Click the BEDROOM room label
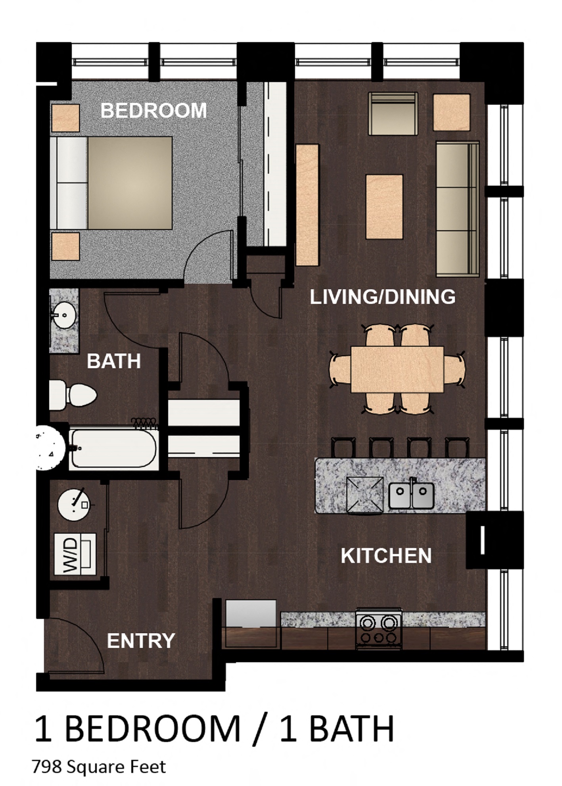point(153,110)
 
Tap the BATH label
point(114,361)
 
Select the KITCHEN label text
point(386,555)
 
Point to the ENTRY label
point(141,640)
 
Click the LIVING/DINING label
point(382,297)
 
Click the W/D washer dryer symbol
point(75,554)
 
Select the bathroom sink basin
point(64,315)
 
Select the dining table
point(397,369)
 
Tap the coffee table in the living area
point(384,207)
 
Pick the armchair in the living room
point(393,114)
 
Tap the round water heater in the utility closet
point(74,504)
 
